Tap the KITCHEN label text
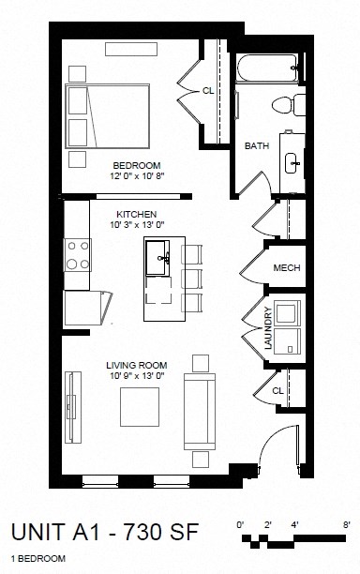click(130, 214)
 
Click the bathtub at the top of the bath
click(267, 67)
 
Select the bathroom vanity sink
click(292, 161)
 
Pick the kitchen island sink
click(158, 255)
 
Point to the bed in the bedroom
click(105, 114)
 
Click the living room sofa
click(197, 411)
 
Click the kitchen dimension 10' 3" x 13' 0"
click(130, 225)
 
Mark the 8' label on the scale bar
click(345, 523)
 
